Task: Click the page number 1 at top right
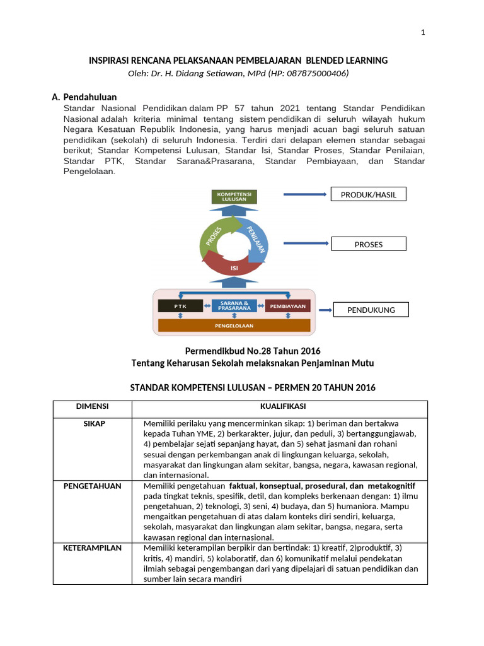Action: coord(423,33)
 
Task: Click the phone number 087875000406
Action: coord(313,73)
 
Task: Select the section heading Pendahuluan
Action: coord(90,98)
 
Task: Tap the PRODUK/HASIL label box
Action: coord(369,194)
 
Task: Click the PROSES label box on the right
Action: coord(369,244)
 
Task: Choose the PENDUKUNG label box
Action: coord(371,310)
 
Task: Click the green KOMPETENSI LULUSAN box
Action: coord(234,196)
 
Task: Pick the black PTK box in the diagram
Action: coord(181,305)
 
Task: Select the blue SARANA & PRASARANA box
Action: coord(234,305)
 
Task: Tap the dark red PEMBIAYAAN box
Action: coord(287,305)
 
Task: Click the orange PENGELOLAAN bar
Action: coord(234,326)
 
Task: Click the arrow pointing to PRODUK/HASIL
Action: coord(306,194)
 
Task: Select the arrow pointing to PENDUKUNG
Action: coord(325,310)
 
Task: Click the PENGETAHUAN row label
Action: coord(93,486)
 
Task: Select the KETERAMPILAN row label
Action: coord(93,548)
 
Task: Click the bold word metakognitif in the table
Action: coord(391,486)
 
